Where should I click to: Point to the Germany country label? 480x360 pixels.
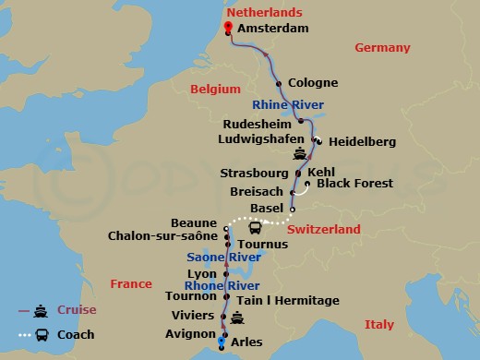pyautogui.click(x=381, y=48)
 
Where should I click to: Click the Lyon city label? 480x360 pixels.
pyautogui.click(x=201, y=274)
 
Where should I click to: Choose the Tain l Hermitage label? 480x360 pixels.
pyautogui.click(x=288, y=301)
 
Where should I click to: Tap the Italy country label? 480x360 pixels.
pyautogui.click(x=378, y=324)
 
